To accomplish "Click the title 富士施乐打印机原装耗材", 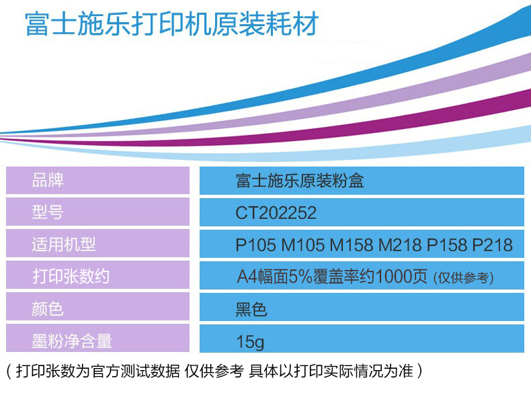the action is pos(171,24).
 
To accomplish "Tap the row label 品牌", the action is pos(48,180).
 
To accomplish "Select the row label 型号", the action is pos(48,212).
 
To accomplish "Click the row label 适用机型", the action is pos(64,244).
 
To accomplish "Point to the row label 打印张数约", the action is pos(71,276).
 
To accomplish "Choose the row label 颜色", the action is pos(48,308).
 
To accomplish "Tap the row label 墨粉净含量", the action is pos(72,341).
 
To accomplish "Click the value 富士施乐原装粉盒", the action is pos(300,181).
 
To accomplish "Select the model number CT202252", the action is pos(276,213).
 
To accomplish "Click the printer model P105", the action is pos(255,244).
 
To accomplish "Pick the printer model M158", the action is pos(352,244).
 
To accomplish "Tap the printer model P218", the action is pos(493,244).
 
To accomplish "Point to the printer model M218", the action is pos(401,244).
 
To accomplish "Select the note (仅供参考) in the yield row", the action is pos(463,278).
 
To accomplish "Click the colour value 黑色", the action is pos(251,309).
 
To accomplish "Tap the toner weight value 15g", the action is pos(250,342).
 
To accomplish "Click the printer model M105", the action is pos(303,244).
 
